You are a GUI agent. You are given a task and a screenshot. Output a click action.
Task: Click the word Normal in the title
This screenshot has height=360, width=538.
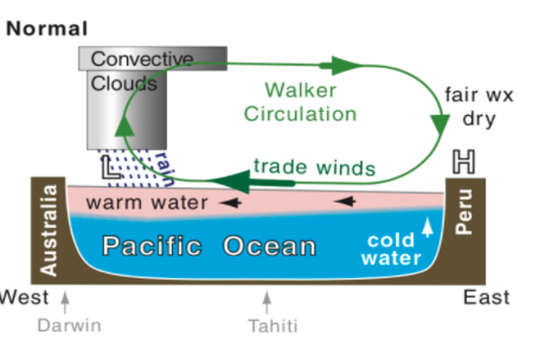click(x=47, y=28)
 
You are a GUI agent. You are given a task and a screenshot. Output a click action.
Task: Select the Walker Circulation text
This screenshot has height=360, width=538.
click(x=300, y=102)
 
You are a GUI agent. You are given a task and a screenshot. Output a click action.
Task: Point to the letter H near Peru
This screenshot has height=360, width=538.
click(x=463, y=163)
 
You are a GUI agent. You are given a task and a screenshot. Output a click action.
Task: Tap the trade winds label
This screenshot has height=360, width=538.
click(x=313, y=167)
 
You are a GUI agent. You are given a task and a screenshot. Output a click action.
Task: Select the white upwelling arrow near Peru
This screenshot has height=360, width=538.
click(x=427, y=224)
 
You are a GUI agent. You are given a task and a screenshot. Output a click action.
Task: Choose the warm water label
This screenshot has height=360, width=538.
click(x=147, y=203)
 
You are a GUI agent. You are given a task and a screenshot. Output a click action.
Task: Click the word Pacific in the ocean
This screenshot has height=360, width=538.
click(x=153, y=247)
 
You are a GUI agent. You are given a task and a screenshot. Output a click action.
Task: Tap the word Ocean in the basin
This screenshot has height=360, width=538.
click(x=270, y=247)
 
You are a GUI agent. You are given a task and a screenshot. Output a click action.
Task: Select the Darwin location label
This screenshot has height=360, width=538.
click(x=69, y=325)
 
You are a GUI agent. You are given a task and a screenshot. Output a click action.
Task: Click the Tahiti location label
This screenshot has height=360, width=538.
click(x=273, y=325)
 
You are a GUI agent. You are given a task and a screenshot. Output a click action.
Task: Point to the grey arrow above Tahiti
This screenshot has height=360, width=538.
click(x=268, y=302)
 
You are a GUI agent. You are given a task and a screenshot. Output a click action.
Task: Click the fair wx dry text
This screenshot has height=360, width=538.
click(x=479, y=106)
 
